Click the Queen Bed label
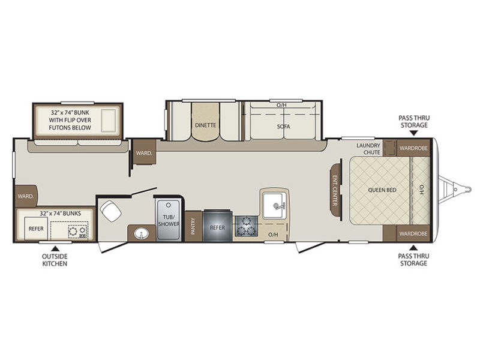(382, 190)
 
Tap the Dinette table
(205, 122)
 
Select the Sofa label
(283, 126)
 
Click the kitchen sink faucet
(280, 206)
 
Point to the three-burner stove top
(246, 226)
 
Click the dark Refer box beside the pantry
(217, 226)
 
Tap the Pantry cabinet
(193, 226)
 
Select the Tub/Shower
(168, 219)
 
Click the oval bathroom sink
(141, 234)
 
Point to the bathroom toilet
(110, 211)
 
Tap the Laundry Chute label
(368, 149)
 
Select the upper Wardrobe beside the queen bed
(413, 148)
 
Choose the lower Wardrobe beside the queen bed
(413, 233)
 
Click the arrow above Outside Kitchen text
(55, 248)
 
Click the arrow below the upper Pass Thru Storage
(413, 133)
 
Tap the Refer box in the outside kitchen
(36, 229)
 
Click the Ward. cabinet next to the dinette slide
(144, 152)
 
